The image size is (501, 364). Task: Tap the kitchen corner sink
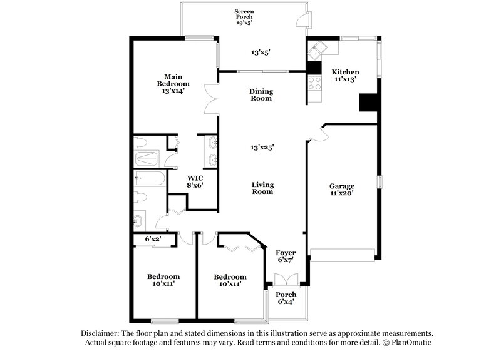(x=321, y=48)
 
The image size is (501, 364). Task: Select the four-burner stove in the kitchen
(x=314, y=83)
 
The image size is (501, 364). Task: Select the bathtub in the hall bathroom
(x=150, y=180)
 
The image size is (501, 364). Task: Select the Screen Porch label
(x=244, y=16)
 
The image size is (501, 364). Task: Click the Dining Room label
(x=261, y=95)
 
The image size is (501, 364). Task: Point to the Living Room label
(x=262, y=188)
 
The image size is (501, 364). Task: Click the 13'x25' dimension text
(x=262, y=148)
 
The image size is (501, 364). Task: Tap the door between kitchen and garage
(x=318, y=134)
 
